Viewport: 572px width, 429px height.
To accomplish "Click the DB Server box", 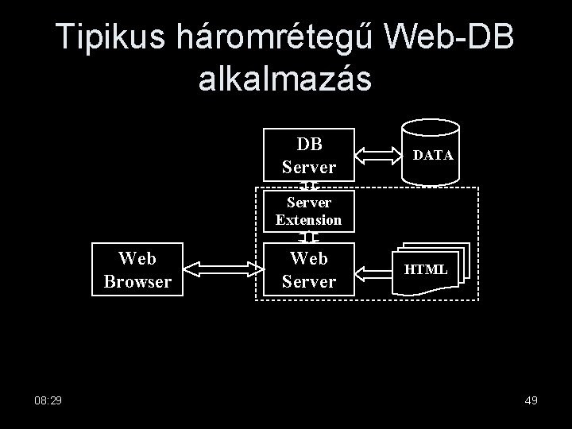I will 309,155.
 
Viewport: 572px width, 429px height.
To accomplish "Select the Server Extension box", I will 309,211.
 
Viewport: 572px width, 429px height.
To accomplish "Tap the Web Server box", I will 309,270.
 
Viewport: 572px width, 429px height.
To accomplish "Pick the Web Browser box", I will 137,270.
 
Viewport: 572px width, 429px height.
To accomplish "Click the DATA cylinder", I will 431,151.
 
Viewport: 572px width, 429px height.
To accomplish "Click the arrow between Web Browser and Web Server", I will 223,269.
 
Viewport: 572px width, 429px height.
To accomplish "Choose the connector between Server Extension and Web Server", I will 309,238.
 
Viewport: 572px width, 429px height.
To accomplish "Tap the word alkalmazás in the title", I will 284,79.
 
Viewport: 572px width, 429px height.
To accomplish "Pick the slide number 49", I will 531,400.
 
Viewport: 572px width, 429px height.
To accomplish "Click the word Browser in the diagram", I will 137,282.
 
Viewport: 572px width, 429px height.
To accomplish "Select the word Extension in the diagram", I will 309,219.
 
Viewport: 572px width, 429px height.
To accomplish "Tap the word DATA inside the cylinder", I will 434,156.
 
